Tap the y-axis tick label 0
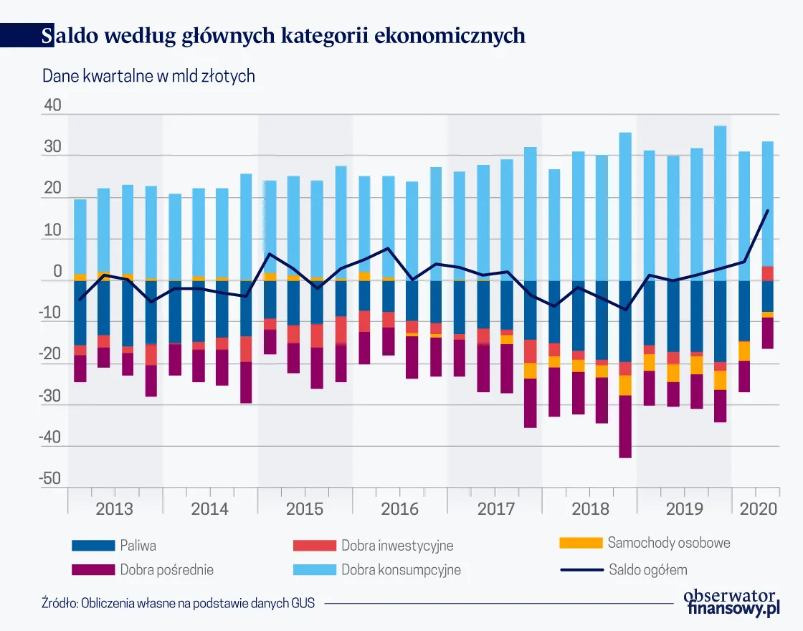(57, 273)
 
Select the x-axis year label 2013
(114, 509)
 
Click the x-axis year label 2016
(399, 509)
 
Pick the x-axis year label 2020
(759, 509)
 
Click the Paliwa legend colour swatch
(93, 546)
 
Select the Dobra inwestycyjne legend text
(397, 546)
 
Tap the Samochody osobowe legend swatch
(581, 543)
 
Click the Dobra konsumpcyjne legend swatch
(315, 571)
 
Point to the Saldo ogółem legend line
(581, 571)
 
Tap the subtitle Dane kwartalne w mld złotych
(149, 76)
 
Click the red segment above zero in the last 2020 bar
(767, 273)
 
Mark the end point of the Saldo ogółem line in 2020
(768, 210)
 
